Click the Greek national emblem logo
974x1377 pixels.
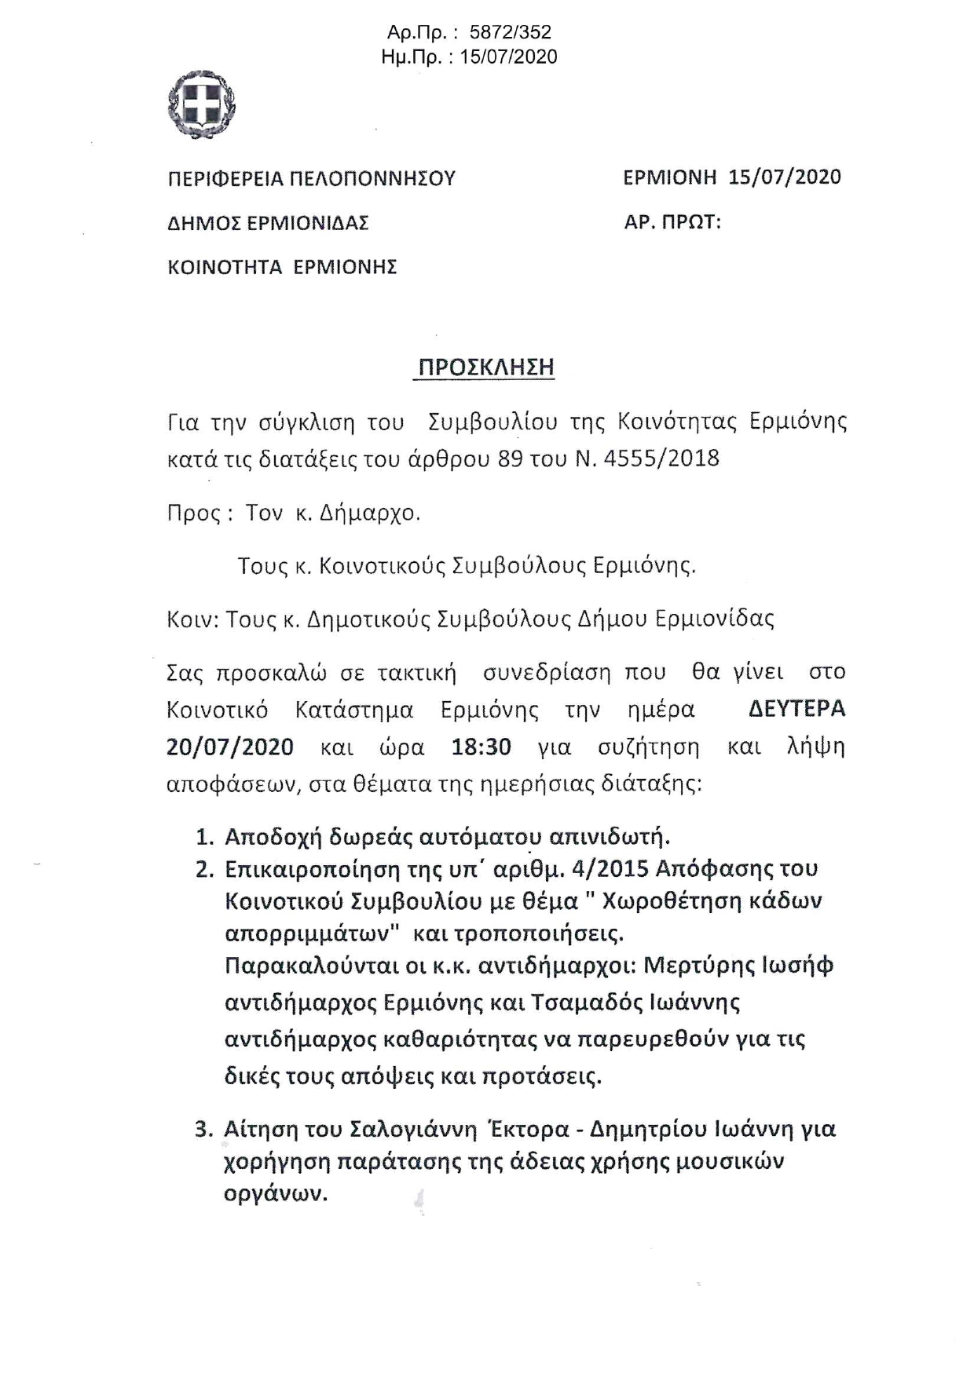pyautogui.click(x=203, y=104)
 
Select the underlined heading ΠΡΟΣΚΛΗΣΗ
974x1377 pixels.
pyautogui.click(x=484, y=367)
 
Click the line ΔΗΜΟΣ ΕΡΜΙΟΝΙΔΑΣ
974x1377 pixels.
pyautogui.click(x=269, y=224)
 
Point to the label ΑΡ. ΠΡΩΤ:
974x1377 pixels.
pyautogui.click(x=672, y=222)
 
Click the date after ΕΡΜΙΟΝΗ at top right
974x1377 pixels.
pyautogui.click(x=785, y=177)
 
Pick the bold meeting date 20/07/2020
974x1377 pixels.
pyautogui.click(x=230, y=746)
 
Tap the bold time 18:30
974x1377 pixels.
pyautogui.click(x=481, y=746)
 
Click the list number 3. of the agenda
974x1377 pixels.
pyautogui.click(x=204, y=1130)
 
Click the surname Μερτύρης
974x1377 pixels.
pyautogui.click(x=698, y=966)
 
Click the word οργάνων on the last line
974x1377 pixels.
pyautogui.click(x=275, y=1194)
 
